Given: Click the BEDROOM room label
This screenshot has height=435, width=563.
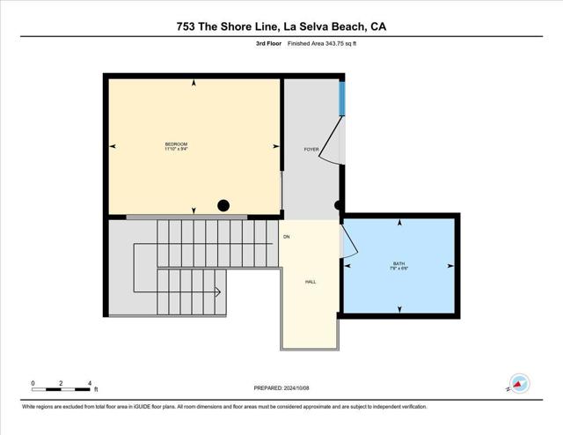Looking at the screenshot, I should tap(176, 144).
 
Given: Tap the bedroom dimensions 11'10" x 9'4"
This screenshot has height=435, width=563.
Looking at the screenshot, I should tap(176, 150).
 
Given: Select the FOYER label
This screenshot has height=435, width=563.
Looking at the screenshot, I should tap(311, 150).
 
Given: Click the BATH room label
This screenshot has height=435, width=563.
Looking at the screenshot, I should tap(399, 263).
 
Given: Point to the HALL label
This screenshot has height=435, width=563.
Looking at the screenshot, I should tap(311, 282).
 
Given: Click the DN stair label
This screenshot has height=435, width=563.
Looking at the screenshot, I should tap(286, 237).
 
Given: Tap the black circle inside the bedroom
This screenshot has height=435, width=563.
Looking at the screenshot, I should tap(223, 206).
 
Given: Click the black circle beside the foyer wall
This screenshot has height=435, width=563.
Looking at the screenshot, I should tap(340, 206).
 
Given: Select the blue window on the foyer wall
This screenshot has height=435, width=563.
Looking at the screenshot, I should tap(342, 98).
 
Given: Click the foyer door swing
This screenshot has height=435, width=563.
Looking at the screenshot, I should tap(329, 141).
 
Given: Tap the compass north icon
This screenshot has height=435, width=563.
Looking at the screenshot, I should tap(518, 384).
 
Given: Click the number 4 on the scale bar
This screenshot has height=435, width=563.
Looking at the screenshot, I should tap(90, 383).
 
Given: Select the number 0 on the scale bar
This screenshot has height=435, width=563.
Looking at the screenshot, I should tap(33, 383).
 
